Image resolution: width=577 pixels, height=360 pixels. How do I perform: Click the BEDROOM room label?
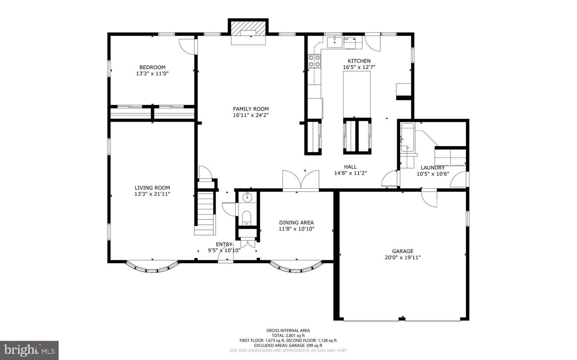(152, 67)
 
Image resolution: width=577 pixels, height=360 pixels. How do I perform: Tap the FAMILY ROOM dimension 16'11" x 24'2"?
(251, 115)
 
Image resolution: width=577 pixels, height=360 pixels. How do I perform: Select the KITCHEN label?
(359, 61)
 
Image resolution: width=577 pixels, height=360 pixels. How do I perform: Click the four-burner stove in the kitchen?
(314, 60)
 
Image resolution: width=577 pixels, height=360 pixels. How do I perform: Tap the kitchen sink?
(335, 41)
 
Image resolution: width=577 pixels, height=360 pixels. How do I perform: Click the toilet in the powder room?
(247, 219)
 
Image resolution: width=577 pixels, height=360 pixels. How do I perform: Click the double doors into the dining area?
(301, 180)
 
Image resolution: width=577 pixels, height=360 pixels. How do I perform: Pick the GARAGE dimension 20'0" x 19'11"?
(403, 258)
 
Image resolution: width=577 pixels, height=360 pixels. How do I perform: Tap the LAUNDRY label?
(432, 168)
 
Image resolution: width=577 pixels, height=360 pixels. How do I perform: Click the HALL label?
(350, 167)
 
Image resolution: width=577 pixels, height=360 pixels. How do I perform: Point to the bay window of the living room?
(152, 267)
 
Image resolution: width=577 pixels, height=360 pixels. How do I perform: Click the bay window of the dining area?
(296, 268)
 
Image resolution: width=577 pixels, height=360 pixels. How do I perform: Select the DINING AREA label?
(296, 223)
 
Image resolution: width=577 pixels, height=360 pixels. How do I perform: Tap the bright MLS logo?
(29, 350)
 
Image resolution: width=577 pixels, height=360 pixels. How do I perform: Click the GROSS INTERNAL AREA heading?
(288, 330)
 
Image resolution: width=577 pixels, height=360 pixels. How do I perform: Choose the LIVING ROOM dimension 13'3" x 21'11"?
(152, 194)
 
